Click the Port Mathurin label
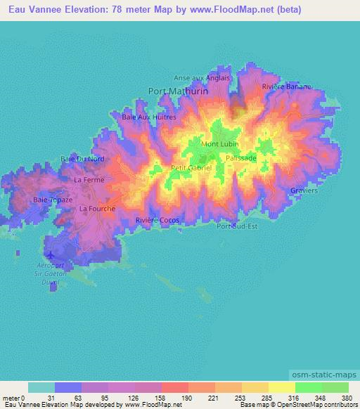pos(175,90)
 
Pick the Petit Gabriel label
pos(191,168)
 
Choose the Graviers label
pos(304,190)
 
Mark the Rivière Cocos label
pos(157,220)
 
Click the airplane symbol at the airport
pos(50,254)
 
